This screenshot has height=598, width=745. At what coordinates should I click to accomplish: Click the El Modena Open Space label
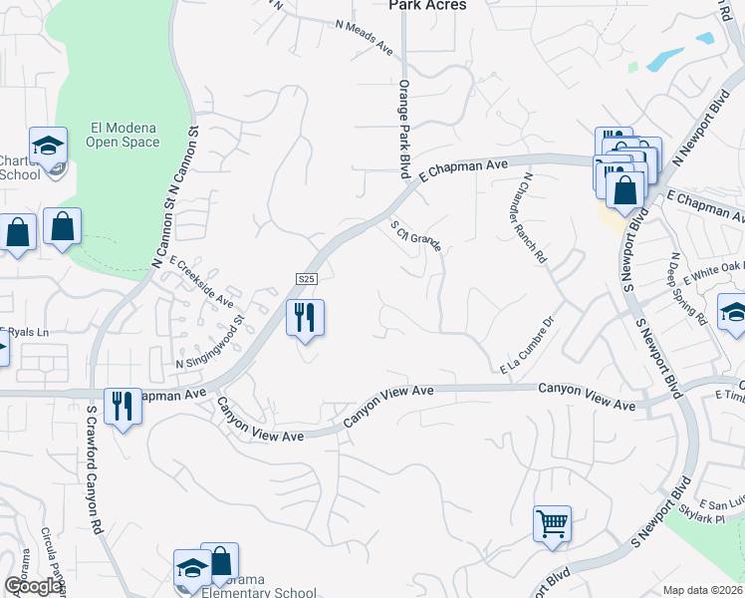click(x=124, y=135)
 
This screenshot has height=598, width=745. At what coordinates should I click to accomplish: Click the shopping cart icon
click(x=552, y=522)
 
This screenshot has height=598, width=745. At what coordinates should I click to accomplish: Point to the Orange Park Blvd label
click(x=404, y=129)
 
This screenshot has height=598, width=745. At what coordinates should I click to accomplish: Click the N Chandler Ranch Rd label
click(x=534, y=217)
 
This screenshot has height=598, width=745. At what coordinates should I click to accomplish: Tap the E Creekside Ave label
click(x=201, y=282)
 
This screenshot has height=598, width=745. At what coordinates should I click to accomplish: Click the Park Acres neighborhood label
click(x=426, y=5)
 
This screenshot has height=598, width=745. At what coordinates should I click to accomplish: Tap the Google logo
click(x=32, y=586)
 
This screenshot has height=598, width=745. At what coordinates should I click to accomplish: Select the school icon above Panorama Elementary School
click(x=192, y=569)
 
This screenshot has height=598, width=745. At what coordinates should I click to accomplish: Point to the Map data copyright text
click(x=703, y=590)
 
